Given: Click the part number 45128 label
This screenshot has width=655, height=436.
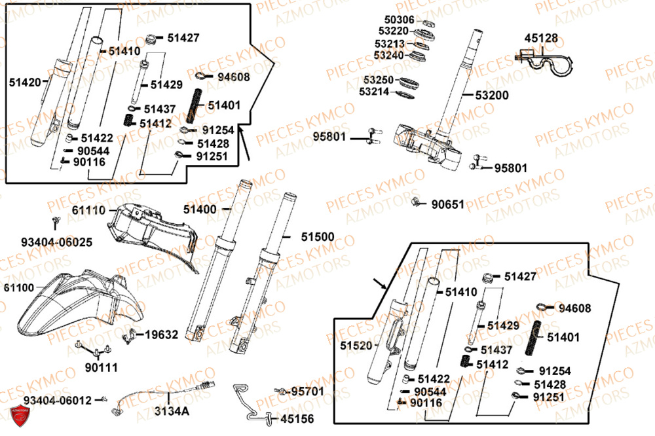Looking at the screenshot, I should (x=542, y=39).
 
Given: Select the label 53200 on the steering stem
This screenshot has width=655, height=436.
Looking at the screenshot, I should (x=492, y=96).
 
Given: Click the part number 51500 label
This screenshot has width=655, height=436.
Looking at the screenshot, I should (x=317, y=236).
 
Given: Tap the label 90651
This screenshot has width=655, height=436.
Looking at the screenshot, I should (x=447, y=204).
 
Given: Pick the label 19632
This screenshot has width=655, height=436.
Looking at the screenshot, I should (x=161, y=335).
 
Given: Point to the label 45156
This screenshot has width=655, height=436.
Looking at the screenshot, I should (x=297, y=418).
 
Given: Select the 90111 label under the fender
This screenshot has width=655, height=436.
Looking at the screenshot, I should (x=101, y=368).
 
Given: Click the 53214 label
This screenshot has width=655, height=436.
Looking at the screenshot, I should (x=376, y=92).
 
